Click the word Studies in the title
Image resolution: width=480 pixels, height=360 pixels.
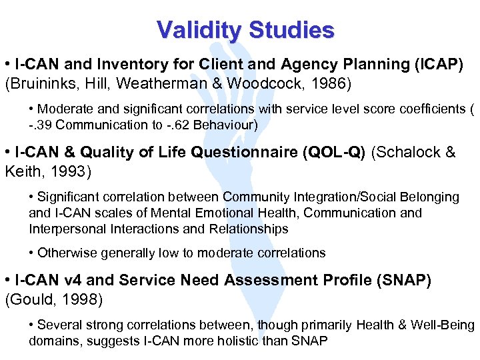(291, 30)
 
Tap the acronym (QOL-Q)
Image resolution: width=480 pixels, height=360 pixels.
(334, 153)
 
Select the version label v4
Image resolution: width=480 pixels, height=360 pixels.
(72, 281)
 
